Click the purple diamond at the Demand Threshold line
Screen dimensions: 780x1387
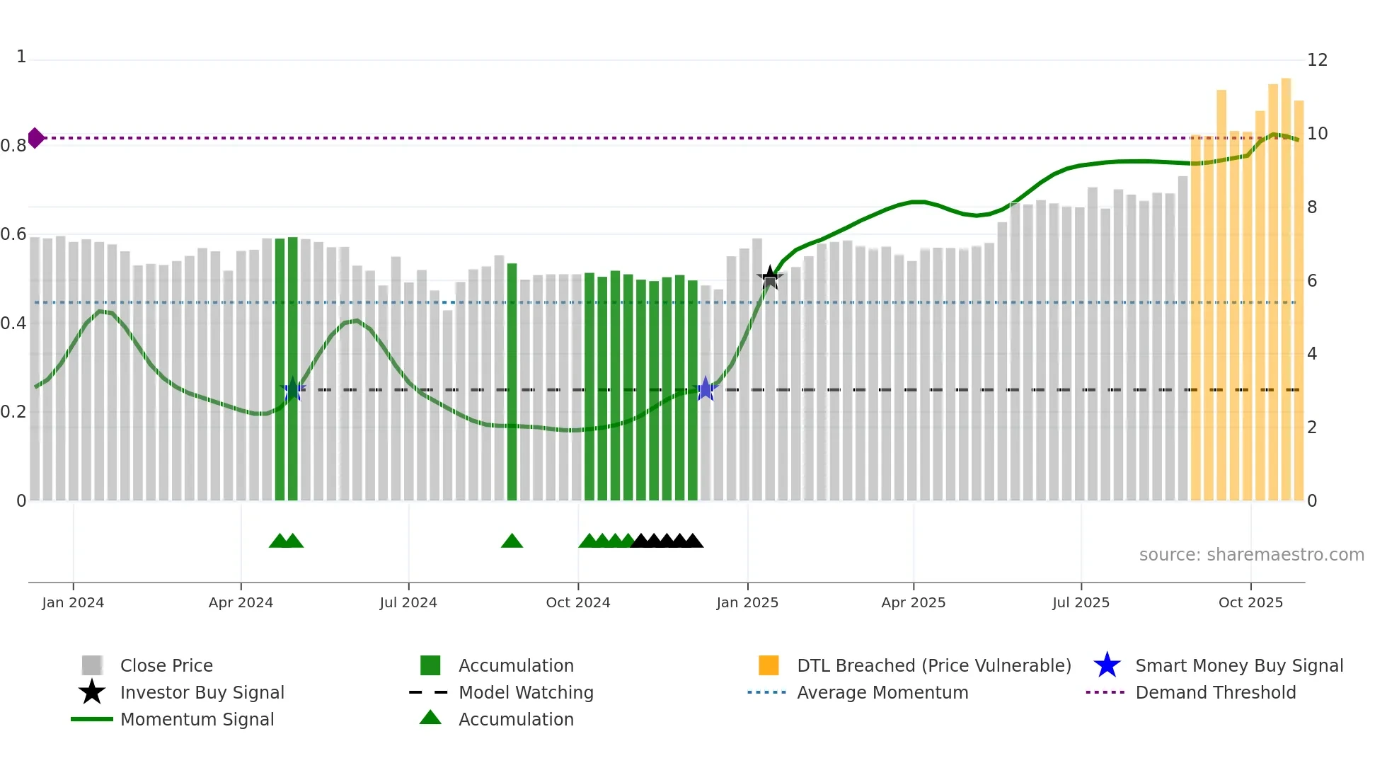tap(35, 138)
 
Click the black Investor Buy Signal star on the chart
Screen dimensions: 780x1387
tap(770, 277)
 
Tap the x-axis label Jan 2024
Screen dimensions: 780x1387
tap(73, 602)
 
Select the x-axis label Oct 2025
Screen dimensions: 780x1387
tap(1250, 602)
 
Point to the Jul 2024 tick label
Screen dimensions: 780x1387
tap(408, 602)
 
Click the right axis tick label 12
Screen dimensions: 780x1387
tap(1317, 60)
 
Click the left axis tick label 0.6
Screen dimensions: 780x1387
tap(13, 234)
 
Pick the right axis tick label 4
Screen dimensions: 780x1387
tap(1312, 354)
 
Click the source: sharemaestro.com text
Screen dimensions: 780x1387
tap(1251, 555)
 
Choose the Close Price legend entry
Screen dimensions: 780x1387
tap(166, 665)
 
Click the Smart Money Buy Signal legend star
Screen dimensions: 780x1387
tap(1107, 665)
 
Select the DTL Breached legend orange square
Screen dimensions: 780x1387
tap(769, 665)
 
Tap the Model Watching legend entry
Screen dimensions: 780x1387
tap(526, 692)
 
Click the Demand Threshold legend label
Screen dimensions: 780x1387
tap(1215, 692)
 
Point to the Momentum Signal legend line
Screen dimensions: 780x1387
tap(92, 719)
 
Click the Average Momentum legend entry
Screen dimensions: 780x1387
tap(882, 692)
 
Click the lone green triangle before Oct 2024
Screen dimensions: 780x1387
tap(512, 541)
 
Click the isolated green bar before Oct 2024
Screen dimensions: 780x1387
tap(512, 382)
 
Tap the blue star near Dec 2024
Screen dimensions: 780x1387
tap(706, 389)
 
